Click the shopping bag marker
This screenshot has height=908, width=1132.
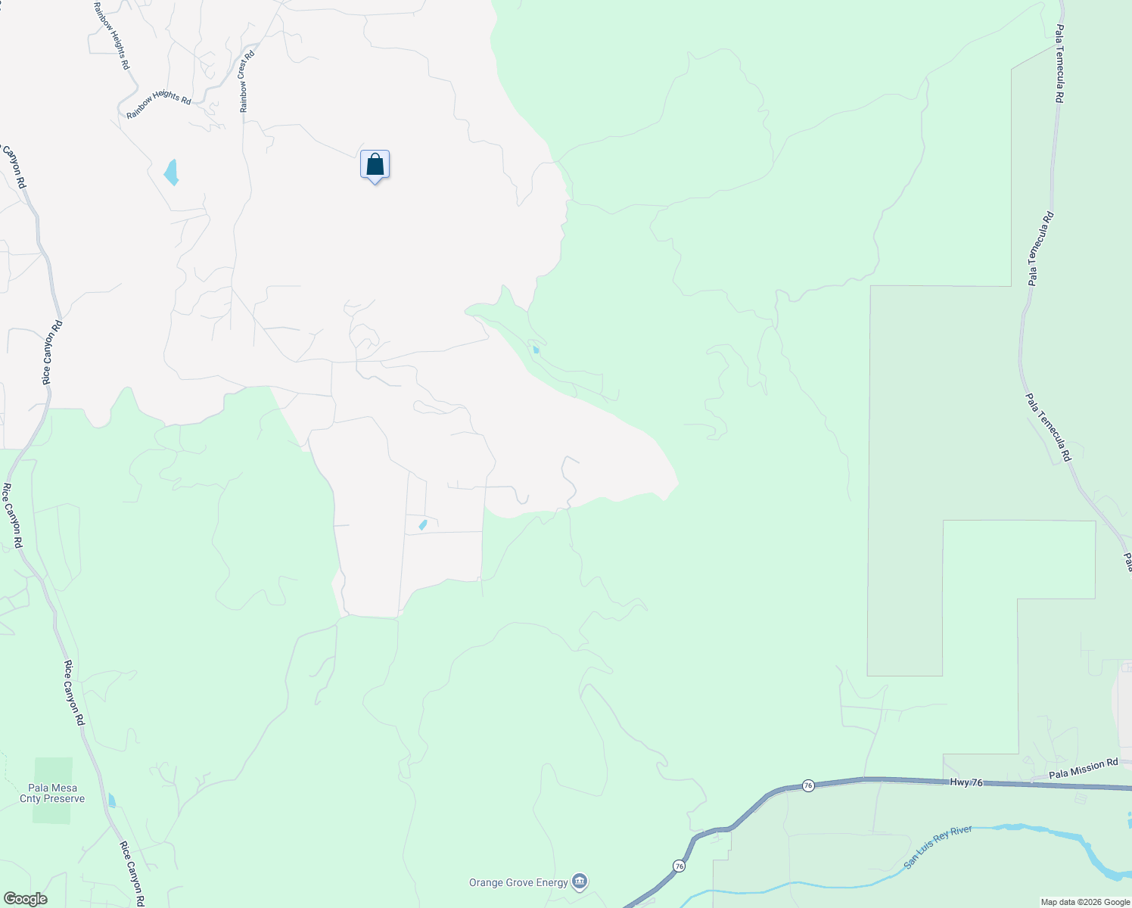tap(375, 164)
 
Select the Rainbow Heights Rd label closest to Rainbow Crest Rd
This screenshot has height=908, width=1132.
tap(159, 105)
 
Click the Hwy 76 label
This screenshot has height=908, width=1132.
tap(966, 782)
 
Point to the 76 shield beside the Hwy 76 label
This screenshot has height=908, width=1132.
tap(808, 786)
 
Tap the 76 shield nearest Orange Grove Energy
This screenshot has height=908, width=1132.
tap(680, 866)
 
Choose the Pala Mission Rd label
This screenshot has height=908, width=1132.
tap(1083, 769)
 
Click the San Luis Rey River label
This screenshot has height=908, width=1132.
tap(938, 847)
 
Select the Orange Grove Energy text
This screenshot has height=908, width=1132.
tap(518, 882)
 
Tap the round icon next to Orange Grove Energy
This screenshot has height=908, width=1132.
tap(580, 882)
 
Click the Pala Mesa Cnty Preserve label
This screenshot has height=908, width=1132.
tap(52, 793)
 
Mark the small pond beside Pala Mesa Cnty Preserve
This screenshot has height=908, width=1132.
tap(112, 800)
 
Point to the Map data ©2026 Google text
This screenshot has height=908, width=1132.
tap(1084, 902)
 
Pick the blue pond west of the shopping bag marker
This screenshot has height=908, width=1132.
tap(172, 172)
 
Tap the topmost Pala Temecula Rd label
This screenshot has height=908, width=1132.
tap(1061, 64)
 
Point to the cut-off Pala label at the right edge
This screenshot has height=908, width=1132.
tap(1127, 561)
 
